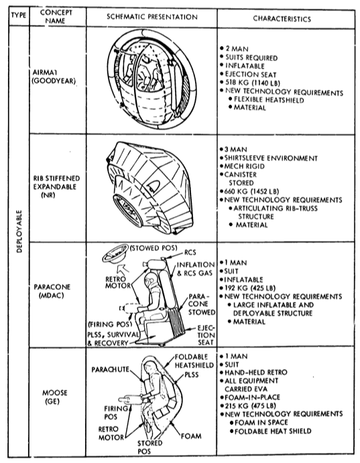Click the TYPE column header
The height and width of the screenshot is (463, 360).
[x=19, y=15]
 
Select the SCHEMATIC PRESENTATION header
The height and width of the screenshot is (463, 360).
[x=152, y=17]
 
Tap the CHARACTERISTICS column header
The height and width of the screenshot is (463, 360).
[x=282, y=19]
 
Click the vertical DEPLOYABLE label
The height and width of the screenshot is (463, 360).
[x=19, y=232]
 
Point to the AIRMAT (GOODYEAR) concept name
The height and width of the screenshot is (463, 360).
[x=54, y=76]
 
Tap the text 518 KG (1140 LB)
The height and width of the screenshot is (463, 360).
[x=253, y=83]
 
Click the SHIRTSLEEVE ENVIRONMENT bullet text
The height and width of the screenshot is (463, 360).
[x=271, y=158]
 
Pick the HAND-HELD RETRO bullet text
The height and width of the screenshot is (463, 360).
[x=255, y=372]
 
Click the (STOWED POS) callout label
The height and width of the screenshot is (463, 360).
[x=154, y=248]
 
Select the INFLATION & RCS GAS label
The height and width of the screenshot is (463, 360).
[x=195, y=269]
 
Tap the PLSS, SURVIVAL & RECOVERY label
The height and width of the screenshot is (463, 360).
[x=112, y=339]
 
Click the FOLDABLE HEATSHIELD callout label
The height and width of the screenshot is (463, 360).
[x=194, y=361]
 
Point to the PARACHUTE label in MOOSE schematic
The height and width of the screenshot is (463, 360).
[x=110, y=370]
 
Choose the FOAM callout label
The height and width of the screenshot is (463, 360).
[x=191, y=436]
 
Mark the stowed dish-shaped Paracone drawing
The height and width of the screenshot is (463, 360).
[x=115, y=254]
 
